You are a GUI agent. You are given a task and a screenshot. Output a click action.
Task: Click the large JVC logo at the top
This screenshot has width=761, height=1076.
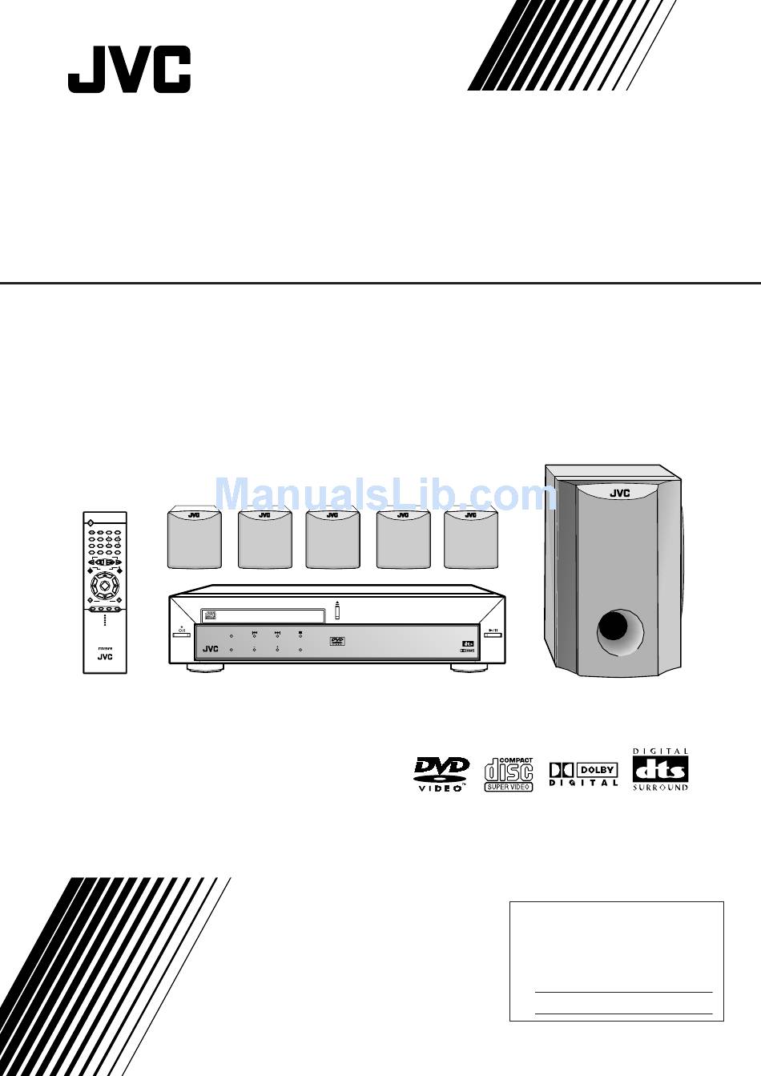(x=129, y=70)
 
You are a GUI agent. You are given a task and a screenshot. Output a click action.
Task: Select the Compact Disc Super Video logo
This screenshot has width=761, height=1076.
(x=509, y=774)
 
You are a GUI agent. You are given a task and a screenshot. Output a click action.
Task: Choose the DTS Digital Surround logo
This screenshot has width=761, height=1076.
(x=660, y=770)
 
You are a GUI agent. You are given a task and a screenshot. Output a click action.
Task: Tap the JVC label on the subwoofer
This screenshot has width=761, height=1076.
(x=619, y=494)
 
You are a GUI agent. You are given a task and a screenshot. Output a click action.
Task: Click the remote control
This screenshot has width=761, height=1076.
(x=105, y=592)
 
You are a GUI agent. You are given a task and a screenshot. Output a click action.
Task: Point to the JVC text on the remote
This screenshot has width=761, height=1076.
(x=105, y=656)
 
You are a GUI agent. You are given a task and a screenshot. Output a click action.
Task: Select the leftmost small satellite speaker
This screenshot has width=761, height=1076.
(x=195, y=538)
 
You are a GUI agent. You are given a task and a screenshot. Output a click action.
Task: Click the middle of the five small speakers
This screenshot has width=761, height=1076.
(x=332, y=538)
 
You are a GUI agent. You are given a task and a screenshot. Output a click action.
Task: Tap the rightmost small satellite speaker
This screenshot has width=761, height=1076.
(x=471, y=538)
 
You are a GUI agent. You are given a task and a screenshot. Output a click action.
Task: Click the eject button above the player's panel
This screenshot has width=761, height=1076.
(x=338, y=611)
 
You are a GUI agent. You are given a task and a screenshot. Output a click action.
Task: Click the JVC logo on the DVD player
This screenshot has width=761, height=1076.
(x=211, y=649)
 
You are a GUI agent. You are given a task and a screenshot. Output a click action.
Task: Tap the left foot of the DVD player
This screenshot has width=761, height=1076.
(x=206, y=667)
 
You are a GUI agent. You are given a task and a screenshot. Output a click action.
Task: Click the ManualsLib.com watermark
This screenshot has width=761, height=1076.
(x=386, y=494)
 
